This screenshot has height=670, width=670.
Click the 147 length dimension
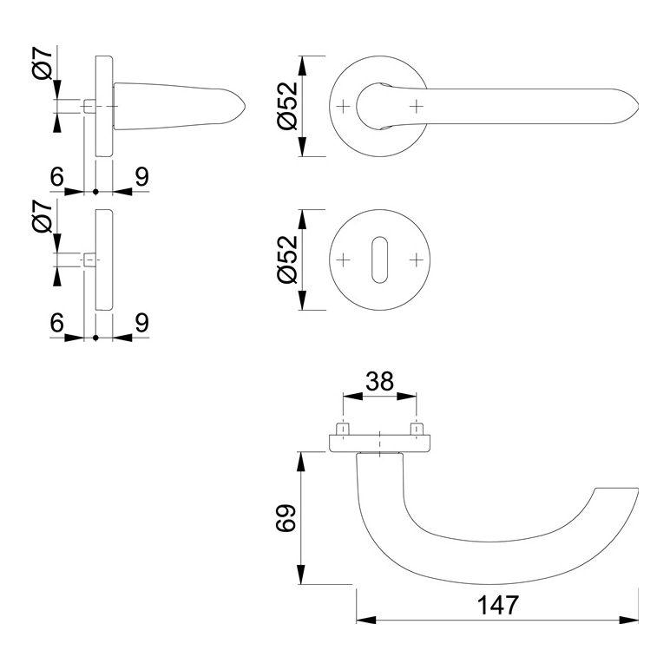(x=498, y=605)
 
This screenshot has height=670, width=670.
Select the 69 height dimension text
(x=286, y=518)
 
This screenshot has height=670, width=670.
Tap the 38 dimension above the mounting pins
(x=379, y=381)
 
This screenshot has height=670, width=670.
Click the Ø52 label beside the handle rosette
(x=287, y=106)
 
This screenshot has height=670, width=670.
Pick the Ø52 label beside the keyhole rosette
(x=287, y=259)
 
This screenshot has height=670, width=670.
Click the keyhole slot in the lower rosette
(x=379, y=259)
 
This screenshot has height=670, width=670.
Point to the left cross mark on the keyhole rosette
(x=344, y=259)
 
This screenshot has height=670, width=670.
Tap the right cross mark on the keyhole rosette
(x=417, y=259)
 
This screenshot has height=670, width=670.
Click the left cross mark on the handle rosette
(x=344, y=106)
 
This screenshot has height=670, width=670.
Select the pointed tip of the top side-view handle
(x=246, y=106)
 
